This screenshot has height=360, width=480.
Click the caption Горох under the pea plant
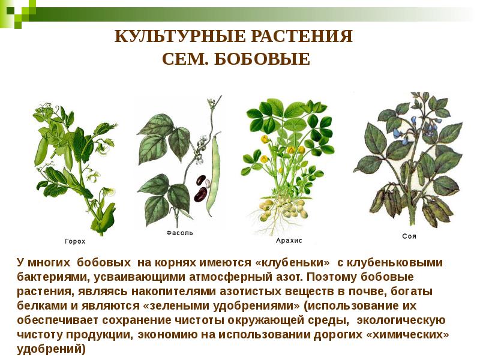coord(75,241)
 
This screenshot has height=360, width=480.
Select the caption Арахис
coord(289,240)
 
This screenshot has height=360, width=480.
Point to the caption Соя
coord(409,236)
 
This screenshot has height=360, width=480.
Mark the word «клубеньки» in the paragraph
coord(293,263)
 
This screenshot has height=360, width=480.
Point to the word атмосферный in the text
coord(225,278)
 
